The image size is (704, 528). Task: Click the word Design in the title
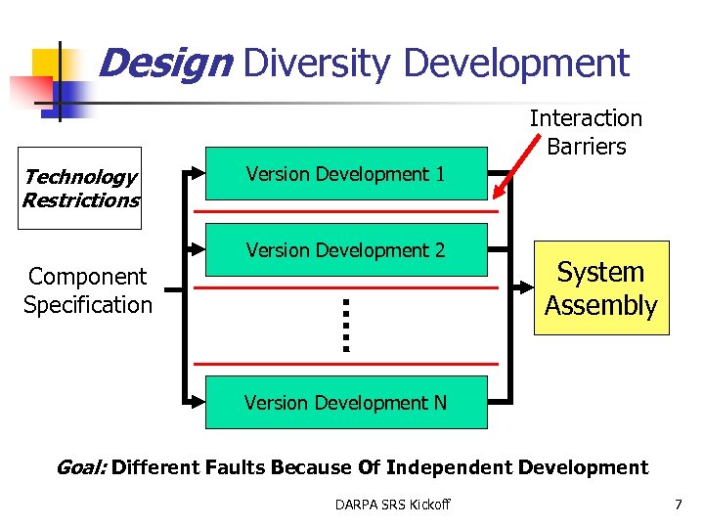tap(164, 65)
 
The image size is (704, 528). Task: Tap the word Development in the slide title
tap(515, 65)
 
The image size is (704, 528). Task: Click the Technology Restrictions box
tap(81, 189)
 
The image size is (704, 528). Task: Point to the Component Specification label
tap(88, 290)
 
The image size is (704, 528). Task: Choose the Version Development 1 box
tap(345, 174)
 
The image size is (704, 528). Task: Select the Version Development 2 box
tap(345, 250)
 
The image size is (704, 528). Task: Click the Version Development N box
tap(345, 402)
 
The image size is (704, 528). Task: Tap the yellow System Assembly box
tap(600, 288)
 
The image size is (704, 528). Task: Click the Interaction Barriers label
tap(586, 132)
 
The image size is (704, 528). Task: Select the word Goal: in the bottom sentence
tap(82, 467)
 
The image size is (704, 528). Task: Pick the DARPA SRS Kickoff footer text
tap(392, 505)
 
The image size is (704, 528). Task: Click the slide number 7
tap(678, 505)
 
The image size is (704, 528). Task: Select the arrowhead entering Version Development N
tap(198, 402)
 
